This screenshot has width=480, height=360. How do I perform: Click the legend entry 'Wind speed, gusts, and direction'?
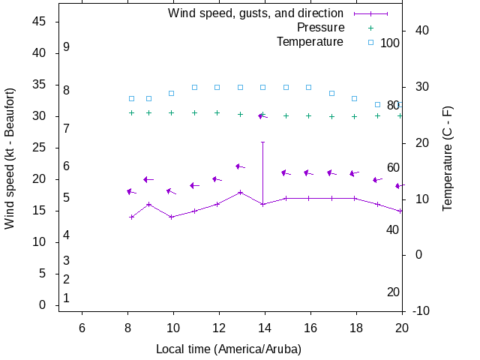(x=255, y=13)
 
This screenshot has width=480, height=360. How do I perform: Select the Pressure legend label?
(x=320, y=28)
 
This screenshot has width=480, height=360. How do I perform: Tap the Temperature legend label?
(x=310, y=42)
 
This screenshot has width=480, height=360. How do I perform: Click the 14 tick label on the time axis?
(x=265, y=328)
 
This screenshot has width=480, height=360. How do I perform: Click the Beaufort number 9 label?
(x=67, y=47)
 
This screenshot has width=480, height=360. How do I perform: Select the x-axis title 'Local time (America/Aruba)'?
(x=228, y=349)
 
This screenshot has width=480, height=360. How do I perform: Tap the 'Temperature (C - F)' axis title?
(x=448, y=158)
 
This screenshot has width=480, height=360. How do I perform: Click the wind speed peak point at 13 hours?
(x=240, y=192)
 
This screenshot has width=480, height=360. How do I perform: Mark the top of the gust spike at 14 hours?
(x=262, y=142)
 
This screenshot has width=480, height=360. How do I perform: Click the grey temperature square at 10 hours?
(x=171, y=93)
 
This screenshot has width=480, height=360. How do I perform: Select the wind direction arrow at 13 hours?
(x=239, y=166)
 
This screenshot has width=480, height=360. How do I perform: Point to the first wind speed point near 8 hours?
(x=132, y=217)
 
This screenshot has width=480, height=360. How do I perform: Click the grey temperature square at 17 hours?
(x=331, y=93)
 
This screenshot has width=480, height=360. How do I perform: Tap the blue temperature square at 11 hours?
(x=194, y=87)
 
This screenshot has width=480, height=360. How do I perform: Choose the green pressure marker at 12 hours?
(x=217, y=112)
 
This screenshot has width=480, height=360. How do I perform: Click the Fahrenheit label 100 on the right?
(x=390, y=43)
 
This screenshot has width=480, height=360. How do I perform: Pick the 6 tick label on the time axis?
(x=82, y=328)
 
